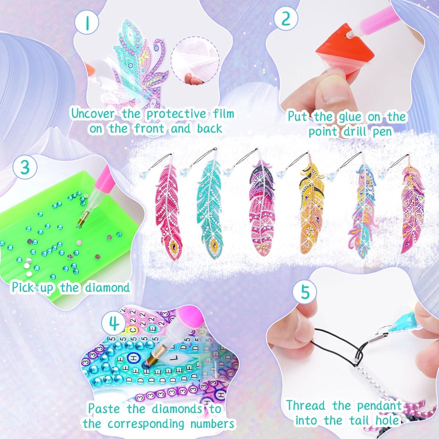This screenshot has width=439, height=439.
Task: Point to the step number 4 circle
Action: tap(114, 323)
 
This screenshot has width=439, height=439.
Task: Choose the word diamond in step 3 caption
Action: tap(107, 287)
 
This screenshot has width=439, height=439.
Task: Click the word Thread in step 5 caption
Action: tap(305, 405)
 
